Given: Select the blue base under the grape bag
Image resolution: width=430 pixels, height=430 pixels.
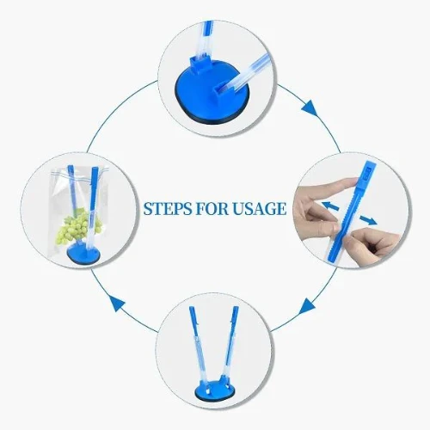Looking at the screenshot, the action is click(84, 253).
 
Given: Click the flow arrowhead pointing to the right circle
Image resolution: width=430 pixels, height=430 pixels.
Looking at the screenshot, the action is click(310, 108).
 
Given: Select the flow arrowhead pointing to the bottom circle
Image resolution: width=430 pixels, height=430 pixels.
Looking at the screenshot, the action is click(306, 306).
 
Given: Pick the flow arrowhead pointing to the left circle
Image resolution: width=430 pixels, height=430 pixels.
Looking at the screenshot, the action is click(117, 304).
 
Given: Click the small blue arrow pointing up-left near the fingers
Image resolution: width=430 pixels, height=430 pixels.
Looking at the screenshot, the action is click(330, 206).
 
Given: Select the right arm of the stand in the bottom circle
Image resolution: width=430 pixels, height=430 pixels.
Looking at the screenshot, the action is click(230, 344).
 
